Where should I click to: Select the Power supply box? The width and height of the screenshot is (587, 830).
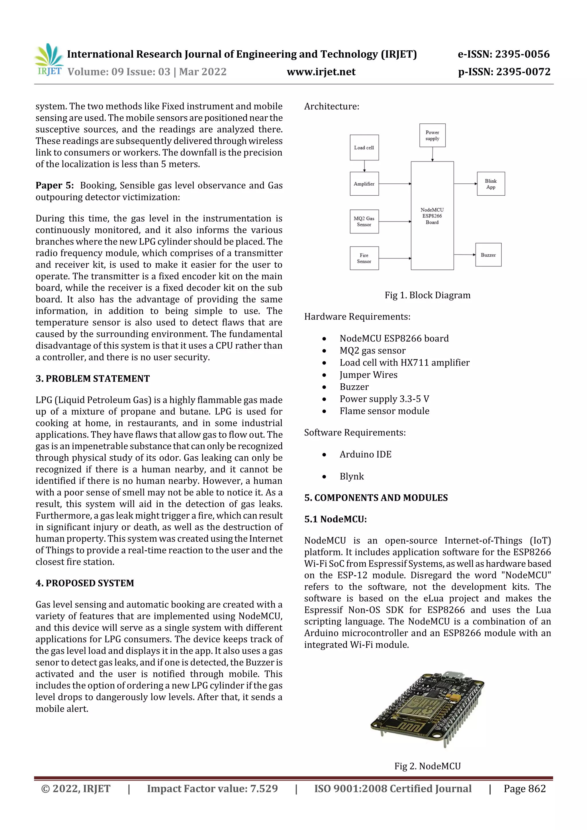click(x=432, y=136)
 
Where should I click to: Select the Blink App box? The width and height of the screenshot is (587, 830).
click(x=490, y=184)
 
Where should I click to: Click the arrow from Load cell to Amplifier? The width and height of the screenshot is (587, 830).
click(x=364, y=166)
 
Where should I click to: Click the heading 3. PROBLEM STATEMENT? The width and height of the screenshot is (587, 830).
click(x=93, y=378)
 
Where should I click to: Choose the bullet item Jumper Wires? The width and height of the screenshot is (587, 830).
click(x=368, y=375)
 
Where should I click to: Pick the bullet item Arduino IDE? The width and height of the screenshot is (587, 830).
click(x=365, y=454)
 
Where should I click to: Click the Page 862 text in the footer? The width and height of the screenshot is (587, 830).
click(x=525, y=788)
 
